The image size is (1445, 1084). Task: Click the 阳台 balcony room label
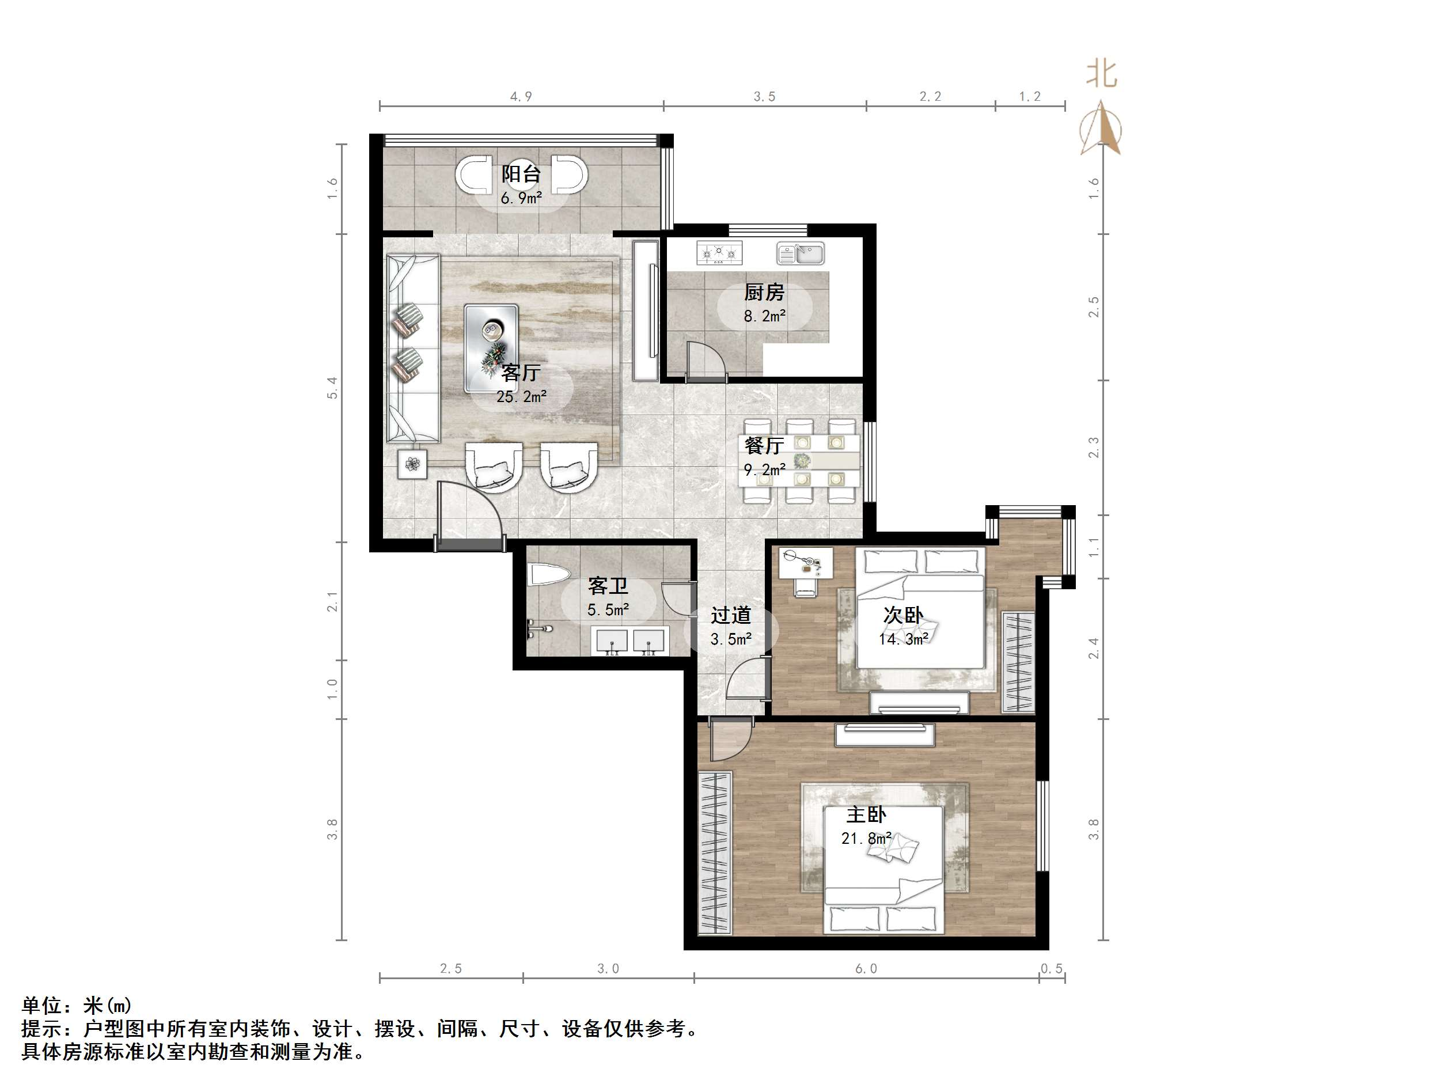[x=521, y=174]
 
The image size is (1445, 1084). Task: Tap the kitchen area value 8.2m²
[x=764, y=316]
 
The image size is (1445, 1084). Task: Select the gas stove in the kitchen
[x=720, y=253]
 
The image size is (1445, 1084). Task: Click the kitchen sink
[x=800, y=253]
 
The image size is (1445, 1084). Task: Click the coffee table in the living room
[x=491, y=348]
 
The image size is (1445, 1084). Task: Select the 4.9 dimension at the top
[x=521, y=97]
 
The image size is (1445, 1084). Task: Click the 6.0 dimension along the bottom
[x=866, y=968]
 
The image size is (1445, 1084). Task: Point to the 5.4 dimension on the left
[x=332, y=388]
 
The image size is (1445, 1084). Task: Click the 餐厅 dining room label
[x=764, y=446]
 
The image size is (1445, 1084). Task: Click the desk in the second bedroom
[x=806, y=563]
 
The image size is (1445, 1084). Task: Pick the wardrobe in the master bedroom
[x=715, y=852]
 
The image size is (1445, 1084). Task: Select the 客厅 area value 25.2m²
[x=521, y=396]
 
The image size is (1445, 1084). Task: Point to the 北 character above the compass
[x=1101, y=74]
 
